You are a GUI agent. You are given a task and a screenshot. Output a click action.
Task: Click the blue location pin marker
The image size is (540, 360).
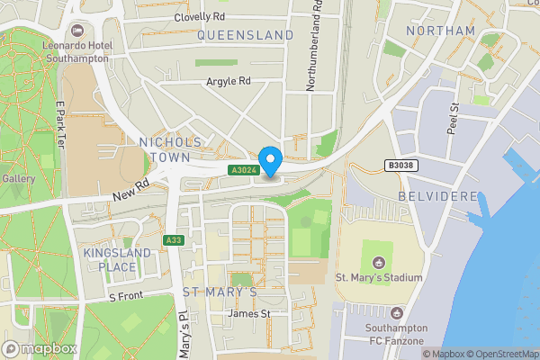[270, 159]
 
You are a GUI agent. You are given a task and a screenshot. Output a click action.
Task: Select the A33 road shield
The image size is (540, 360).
[174, 240]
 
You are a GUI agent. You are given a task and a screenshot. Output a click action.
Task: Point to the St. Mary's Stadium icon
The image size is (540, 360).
[378, 263]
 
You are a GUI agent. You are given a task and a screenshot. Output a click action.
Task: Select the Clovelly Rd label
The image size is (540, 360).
[200, 16]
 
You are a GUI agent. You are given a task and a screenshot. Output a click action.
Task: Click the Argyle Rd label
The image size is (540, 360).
[228, 81]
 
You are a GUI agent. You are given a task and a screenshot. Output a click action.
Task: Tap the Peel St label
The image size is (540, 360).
[454, 118]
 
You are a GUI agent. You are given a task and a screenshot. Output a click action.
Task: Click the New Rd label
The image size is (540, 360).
[130, 188]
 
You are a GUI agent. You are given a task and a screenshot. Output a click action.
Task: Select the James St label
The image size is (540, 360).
[249, 313]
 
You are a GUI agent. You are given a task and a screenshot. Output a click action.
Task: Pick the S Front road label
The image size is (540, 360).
[126, 296]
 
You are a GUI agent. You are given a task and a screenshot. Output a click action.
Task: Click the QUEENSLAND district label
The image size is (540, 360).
[245, 34]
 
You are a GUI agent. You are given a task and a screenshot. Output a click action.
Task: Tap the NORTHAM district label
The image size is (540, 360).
[440, 31]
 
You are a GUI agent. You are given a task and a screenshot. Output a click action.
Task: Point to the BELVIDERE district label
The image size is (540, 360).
[436, 195]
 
